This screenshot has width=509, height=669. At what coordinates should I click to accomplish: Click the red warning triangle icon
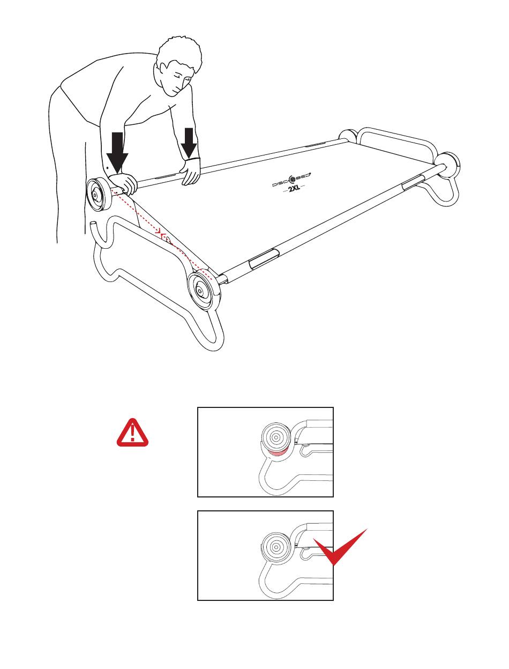(132, 433)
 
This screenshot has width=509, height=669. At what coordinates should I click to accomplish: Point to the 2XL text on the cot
(294, 188)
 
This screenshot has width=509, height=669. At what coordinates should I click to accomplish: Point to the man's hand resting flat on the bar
(191, 172)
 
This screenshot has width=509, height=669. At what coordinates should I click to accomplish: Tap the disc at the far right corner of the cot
(448, 165)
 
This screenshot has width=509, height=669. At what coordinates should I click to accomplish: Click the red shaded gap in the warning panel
(276, 455)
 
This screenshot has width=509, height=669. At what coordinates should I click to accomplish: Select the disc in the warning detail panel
(276, 437)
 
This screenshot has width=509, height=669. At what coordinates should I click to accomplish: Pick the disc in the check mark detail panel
(276, 547)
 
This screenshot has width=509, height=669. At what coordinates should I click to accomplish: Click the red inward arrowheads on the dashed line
(161, 234)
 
